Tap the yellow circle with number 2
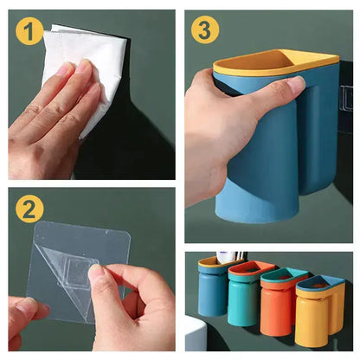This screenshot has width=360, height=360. coord(29,209)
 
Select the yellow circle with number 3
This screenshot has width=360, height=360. coord(204,30)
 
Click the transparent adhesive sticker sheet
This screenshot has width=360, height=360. coord(74,260)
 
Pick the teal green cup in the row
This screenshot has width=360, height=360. coord(244,299)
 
